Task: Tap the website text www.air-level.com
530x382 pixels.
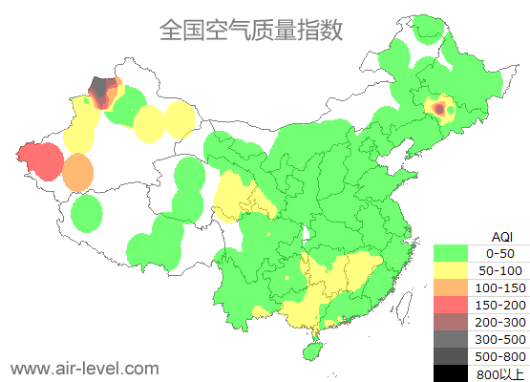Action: coord(84,368)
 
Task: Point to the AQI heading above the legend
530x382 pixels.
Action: coord(501,236)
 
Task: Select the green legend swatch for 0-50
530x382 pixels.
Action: coord(456,253)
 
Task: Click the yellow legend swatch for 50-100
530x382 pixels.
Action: coord(456,270)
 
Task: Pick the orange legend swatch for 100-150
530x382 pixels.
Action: coord(456,287)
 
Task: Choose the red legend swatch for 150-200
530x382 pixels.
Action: coord(456,305)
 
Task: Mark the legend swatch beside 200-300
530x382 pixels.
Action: coord(456,322)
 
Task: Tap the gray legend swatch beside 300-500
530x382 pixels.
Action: coord(456,339)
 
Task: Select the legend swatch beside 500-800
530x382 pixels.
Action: coord(456,356)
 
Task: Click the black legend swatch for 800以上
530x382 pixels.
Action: coord(456,373)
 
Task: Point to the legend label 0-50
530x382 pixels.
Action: coord(500,253)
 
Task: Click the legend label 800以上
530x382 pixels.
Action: coord(500,373)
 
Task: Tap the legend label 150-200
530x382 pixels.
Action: coord(500,305)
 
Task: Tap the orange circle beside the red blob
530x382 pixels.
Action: coord(78,173)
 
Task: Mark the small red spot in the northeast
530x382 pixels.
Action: coord(439,110)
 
